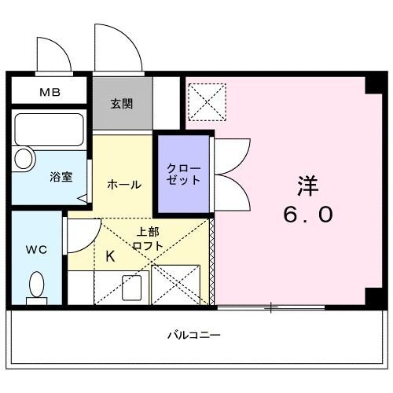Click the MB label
(x=49, y=93)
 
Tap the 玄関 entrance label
(x=121, y=103)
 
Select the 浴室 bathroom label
(x=62, y=176)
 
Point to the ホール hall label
(x=123, y=185)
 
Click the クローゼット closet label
(x=183, y=174)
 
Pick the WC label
(x=35, y=250)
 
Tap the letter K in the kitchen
(x=109, y=255)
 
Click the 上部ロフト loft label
(x=149, y=238)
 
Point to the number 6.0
(x=309, y=214)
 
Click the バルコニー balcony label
(x=193, y=335)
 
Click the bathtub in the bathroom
(x=49, y=129)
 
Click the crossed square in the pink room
(x=207, y=101)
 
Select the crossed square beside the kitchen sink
(x=175, y=285)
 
